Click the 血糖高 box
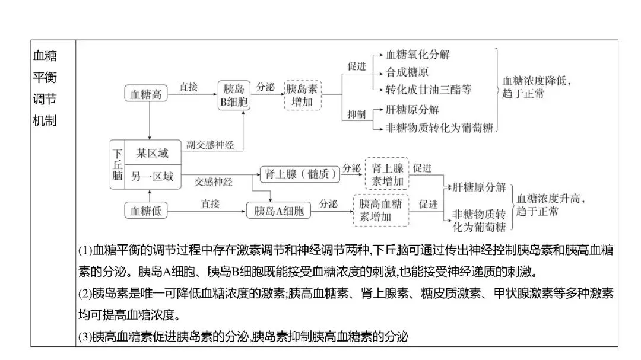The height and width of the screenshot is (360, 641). [147, 94]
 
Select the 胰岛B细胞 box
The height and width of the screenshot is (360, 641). [233, 95]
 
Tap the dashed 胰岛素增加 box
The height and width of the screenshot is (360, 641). [302, 95]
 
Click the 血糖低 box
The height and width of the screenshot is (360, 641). [147, 211]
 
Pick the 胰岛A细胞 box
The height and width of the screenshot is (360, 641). [278, 211]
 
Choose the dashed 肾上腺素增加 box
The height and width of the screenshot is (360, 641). [387, 174]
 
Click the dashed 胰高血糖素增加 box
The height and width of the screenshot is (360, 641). [381, 210]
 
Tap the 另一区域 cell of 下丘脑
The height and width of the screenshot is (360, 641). [153, 176]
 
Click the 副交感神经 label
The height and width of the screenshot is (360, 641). [210, 144]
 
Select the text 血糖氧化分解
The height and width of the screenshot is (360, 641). [418, 55]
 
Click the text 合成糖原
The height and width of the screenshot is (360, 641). [407, 72]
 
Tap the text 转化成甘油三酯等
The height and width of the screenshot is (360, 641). [429, 90]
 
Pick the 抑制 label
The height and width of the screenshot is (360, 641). [357, 114]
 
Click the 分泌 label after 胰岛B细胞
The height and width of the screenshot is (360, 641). [265, 87]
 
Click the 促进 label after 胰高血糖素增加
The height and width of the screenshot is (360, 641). [429, 203]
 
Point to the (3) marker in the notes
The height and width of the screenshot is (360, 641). [85, 337]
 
